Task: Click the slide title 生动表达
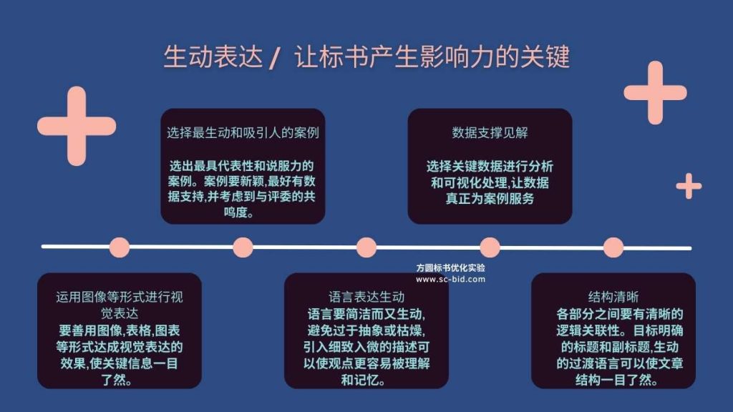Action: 213,57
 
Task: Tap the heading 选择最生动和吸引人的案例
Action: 243,132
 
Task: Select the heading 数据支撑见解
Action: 490,132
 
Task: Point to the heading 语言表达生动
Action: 366,297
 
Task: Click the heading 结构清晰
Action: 613,297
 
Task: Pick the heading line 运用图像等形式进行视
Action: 120,297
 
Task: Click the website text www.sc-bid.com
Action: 451,280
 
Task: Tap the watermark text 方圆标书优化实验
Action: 451,268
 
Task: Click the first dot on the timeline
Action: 120,247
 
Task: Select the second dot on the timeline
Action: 243,247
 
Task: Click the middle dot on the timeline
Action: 366,247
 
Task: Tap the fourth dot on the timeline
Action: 490,247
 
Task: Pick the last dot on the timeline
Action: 613,247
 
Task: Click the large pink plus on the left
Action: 77,126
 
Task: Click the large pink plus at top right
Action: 656,92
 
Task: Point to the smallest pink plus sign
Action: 689,186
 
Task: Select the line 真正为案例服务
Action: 490,199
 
